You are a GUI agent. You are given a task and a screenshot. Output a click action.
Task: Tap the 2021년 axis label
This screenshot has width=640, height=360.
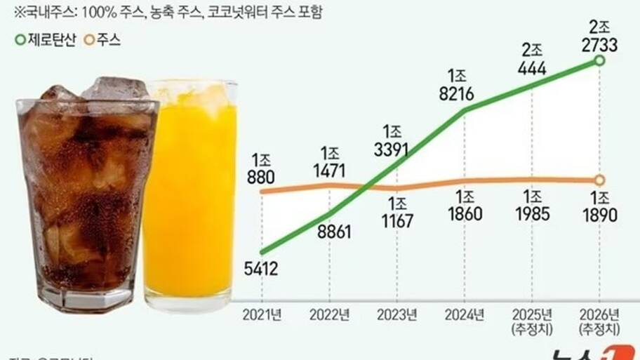point(262,314)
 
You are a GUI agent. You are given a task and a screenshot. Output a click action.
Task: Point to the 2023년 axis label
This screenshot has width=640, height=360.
point(397,314)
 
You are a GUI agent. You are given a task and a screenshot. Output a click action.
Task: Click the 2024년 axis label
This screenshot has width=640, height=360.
point(465,314)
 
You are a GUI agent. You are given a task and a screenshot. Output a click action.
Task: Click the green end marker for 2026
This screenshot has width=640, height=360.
point(599,62)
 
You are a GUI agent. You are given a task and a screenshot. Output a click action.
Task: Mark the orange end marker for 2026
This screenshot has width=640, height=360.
point(600,180)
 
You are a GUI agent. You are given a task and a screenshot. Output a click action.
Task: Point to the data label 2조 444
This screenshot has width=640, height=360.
point(533,59)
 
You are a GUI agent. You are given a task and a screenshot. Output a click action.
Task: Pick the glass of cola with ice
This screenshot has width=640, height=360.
point(84,196)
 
